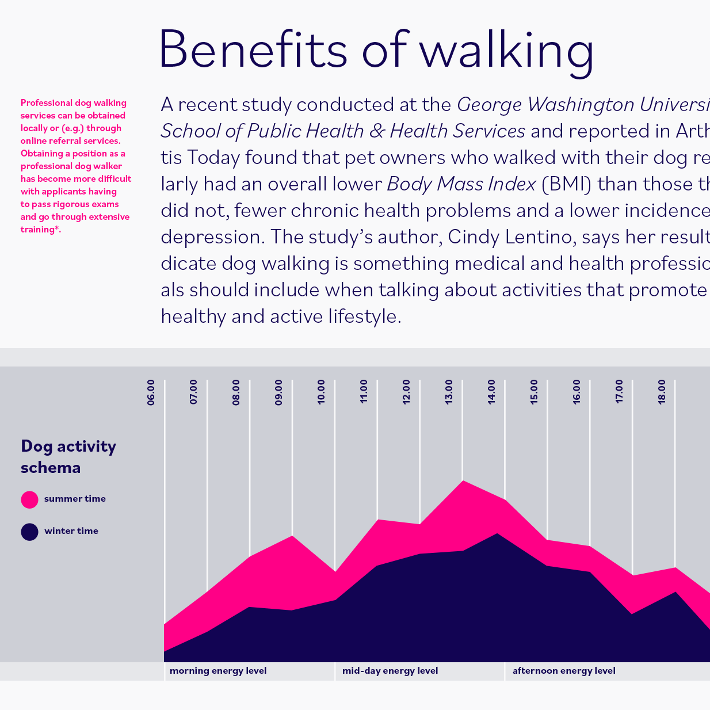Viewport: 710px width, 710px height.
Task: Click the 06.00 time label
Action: [x=151, y=392]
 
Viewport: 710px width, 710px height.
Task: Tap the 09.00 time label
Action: [x=279, y=392]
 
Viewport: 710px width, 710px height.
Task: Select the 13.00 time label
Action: [x=449, y=392]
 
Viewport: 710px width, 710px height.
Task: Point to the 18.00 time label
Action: [x=662, y=392]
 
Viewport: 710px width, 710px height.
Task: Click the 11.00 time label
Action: [x=364, y=392]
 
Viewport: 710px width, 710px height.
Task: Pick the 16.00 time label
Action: [x=577, y=392]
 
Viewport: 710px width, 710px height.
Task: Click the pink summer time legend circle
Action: [x=29, y=499]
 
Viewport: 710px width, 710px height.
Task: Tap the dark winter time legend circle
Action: [x=29, y=532]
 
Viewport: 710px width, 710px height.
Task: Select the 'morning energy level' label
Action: [x=218, y=671]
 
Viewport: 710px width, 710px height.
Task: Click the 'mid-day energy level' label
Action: [x=390, y=671]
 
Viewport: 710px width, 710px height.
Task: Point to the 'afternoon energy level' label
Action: [x=564, y=671]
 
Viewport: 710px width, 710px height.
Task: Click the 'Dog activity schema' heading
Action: [x=68, y=457]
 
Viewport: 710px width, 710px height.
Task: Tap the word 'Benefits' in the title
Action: [x=253, y=49]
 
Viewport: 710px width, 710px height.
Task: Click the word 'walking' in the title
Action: [x=506, y=52]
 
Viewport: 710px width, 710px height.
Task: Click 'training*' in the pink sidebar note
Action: [x=40, y=230]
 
